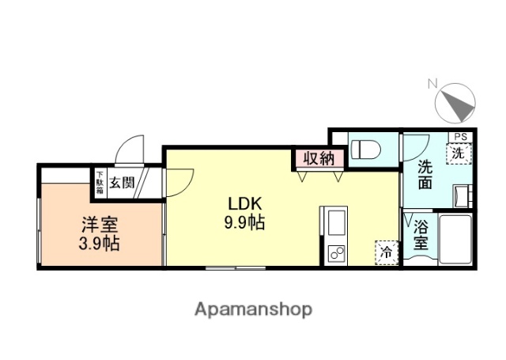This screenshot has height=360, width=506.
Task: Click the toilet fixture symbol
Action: pyautogui.click(x=366, y=149)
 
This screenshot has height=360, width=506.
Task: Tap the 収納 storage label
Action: pyautogui.click(x=319, y=158)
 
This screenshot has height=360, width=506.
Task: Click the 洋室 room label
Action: pyautogui.click(x=99, y=223)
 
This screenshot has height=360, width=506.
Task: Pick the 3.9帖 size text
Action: pyautogui.click(x=100, y=244)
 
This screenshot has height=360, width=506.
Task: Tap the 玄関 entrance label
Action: pyautogui.click(x=122, y=184)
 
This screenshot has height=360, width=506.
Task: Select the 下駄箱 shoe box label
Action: pyautogui.click(x=100, y=184)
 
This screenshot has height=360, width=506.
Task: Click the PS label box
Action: pyautogui.click(x=459, y=137)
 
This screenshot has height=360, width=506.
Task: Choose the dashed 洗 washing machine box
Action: pyautogui.click(x=459, y=153)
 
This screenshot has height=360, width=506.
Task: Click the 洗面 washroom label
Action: pyautogui.click(x=425, y=175)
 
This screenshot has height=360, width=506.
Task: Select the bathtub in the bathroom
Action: pyautogui.click(x=456, y=239)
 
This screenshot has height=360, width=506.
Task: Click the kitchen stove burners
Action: pyautogui.click(x=334, y=254)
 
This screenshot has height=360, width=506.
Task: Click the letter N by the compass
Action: pyautogui.click(x=432, y=83)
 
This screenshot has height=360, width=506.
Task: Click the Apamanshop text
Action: pyautogui.click(x=253, y=309)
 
